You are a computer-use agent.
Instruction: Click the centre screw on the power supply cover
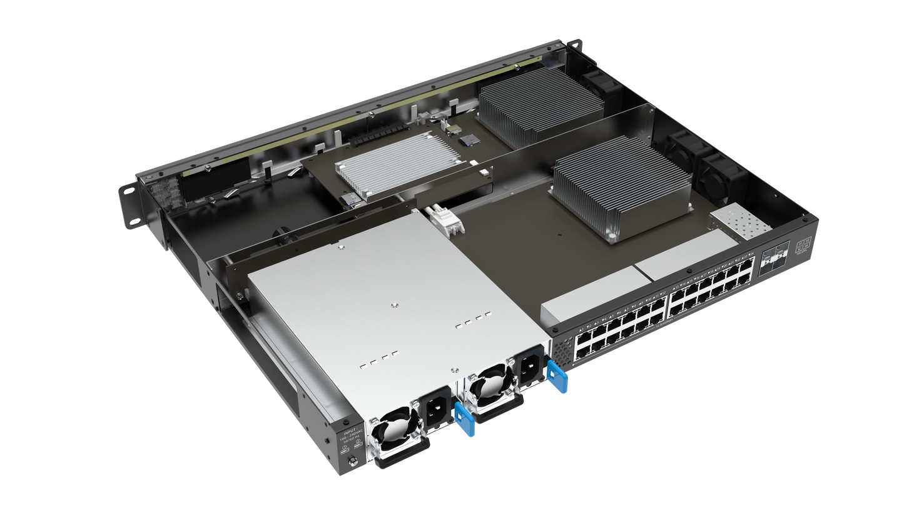393,305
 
